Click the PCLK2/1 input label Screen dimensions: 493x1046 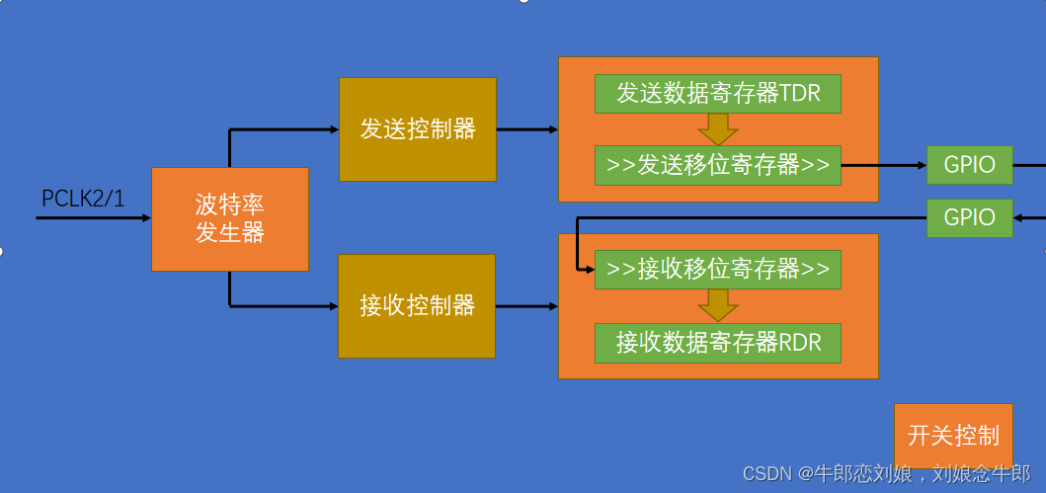click(83, 199)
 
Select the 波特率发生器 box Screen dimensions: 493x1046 click(229, 219)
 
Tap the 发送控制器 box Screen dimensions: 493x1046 click(417, 128)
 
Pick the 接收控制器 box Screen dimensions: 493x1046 click(417, 306)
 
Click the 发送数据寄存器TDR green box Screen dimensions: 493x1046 click(717, 94)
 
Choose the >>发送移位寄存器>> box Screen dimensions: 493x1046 click(717, 165)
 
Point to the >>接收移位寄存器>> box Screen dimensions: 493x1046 click(717, 270)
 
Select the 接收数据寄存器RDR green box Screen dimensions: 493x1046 click(717, 343)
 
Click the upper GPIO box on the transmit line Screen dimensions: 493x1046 click(969, 165)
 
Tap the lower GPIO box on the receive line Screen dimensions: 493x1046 click(969, 217)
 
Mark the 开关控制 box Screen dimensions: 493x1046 click(953, 436)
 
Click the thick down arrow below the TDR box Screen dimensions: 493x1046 click(718, 129)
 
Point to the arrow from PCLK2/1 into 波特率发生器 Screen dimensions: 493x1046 click(94, 217)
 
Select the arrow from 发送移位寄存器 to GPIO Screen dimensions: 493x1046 click(883, 165)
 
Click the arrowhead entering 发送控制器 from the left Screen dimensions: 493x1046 click(332, 129)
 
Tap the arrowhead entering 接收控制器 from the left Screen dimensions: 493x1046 click(332, 306)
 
